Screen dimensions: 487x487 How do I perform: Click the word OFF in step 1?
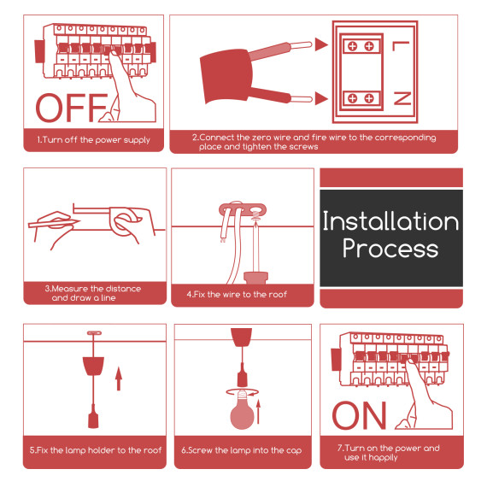click(x=72, y=108)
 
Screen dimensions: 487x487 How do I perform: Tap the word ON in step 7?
click(x=360, y=415)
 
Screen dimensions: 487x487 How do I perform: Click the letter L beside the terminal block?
click(x=401, y=46)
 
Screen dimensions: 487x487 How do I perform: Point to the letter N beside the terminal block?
click(x=402, y=98)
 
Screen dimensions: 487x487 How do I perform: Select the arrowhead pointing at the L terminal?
click(x=321, y=44)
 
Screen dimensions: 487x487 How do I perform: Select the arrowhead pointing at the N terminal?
click(x=321, y=98)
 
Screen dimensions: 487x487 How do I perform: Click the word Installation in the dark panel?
click(x=390, y=221)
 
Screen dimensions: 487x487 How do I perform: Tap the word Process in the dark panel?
click(x=390, y=249)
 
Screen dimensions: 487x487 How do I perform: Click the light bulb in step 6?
click(x=242, y=410)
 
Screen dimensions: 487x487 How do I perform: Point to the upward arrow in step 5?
click(x=119, y=378)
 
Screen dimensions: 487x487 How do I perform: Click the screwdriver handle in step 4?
click(x=255, y=278)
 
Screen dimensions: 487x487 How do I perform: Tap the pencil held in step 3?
click(x=54, y=222)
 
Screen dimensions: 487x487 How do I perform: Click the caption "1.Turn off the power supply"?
click(x=93, y=140)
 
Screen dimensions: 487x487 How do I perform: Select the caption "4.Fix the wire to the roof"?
click(x=237, y=295)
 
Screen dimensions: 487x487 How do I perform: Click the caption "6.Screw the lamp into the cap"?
click(x=242, y=450)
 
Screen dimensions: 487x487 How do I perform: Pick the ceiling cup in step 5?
click(x=93, y=366)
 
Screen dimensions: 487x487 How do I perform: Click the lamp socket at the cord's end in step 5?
click(x=93, y=416)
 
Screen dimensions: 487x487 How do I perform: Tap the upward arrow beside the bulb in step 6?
click(x=258, y=412)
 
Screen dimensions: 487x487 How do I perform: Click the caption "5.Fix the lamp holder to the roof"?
click(x=96, y=450)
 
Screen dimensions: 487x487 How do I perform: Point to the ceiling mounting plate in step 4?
click(x=243, y=209)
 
